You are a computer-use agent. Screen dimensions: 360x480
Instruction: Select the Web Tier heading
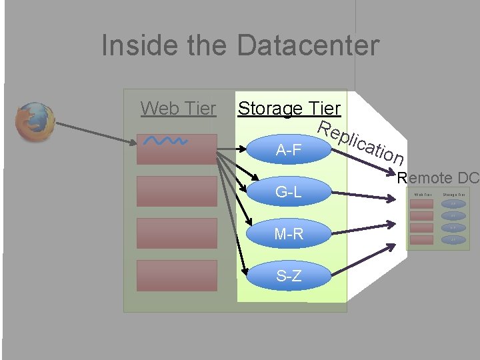point(178,108)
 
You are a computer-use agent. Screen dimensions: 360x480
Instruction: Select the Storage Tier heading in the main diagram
point(289,108)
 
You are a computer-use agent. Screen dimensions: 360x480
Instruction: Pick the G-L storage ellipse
point(288,193)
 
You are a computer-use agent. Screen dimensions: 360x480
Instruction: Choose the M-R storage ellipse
point(288,234)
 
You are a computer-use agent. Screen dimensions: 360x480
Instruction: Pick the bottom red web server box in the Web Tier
point(177,275)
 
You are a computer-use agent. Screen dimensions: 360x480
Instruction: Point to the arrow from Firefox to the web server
point(93,134)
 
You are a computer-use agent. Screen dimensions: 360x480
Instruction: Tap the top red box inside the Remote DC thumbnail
point(421,204)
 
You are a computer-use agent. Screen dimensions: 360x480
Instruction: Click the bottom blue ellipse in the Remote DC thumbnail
point(453,239)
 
